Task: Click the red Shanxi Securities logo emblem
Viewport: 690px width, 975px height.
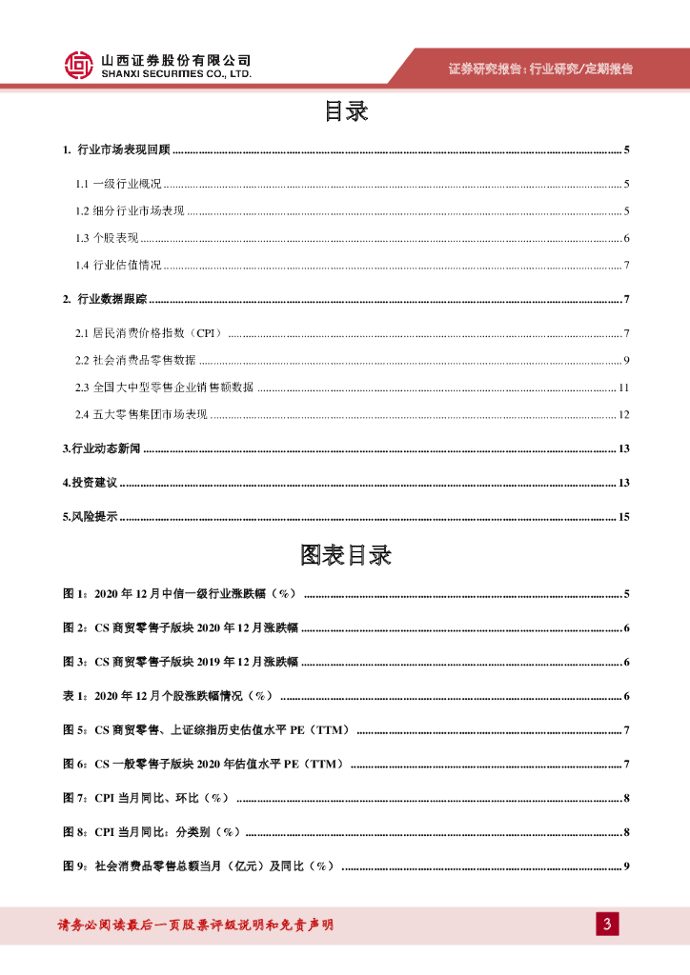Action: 79,65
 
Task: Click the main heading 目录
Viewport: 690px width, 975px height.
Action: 345,111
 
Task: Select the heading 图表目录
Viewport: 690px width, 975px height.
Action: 345,555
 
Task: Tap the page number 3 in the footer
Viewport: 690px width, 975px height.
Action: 606,924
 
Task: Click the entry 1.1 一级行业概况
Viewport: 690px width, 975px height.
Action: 119,184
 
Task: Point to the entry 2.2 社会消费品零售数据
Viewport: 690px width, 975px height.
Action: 135,360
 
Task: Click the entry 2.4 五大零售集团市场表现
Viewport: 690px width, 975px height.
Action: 141,414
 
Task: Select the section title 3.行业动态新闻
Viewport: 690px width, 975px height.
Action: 101,448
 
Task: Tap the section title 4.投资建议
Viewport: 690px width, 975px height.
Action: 90,483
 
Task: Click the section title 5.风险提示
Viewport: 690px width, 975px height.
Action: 90,517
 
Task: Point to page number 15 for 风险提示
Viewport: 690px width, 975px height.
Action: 624,517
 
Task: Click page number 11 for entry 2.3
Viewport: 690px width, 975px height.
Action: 624,388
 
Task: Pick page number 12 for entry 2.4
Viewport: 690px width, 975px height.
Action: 624,414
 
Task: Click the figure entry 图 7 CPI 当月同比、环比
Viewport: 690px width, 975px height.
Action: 146,797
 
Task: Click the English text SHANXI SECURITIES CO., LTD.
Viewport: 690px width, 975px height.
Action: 176,73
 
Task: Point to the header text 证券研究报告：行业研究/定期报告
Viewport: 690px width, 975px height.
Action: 540,69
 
